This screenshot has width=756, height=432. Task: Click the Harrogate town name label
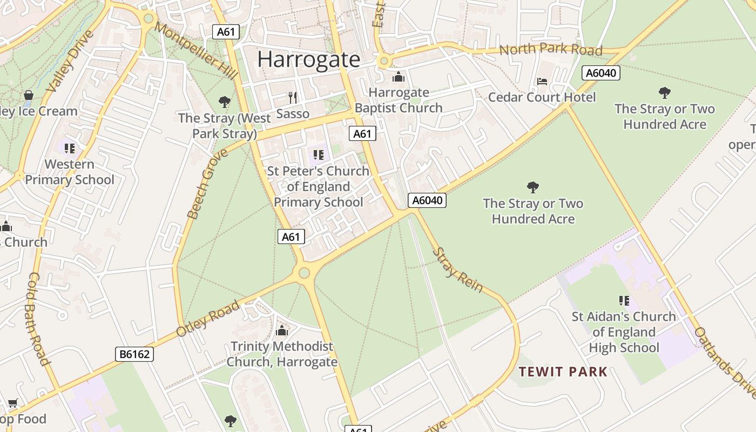[308, 59]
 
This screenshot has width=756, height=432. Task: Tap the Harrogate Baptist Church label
[399, 100]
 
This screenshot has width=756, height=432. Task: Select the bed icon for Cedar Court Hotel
[542, 82]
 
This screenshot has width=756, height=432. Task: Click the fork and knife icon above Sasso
[293, 97]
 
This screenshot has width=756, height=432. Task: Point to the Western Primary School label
[69, 172]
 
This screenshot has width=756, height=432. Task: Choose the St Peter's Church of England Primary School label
[319, 186]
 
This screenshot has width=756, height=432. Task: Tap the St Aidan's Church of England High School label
[624, 332]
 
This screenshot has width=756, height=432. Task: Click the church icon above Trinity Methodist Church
[282, 330]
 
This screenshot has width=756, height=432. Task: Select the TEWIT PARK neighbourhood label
[563, 372]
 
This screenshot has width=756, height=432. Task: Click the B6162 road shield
[134, 354]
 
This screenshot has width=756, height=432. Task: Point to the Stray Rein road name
[457, 270]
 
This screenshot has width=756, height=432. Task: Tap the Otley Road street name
[208, 319]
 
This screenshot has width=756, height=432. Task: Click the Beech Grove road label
[207, 184]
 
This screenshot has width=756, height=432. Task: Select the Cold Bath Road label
[38, 319]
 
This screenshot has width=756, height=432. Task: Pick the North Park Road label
[550, 50]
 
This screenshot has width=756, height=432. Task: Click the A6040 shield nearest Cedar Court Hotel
[600, 73]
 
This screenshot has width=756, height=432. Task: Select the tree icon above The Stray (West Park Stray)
[225, 102]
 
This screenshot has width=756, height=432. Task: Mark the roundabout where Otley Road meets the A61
[304, 273]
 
